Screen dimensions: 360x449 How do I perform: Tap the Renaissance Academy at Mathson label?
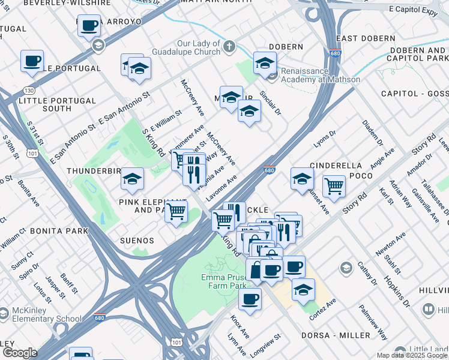point(321,75)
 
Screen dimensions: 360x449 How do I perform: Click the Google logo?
point(19,353)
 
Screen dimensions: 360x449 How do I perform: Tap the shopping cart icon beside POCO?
point(334,185)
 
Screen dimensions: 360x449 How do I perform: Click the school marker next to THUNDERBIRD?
point(132,178)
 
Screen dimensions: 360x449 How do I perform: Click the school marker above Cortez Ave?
point(303,289)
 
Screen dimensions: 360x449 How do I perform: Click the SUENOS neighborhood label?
point(136,241)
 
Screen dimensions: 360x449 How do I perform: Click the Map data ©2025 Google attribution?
point(412,355)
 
